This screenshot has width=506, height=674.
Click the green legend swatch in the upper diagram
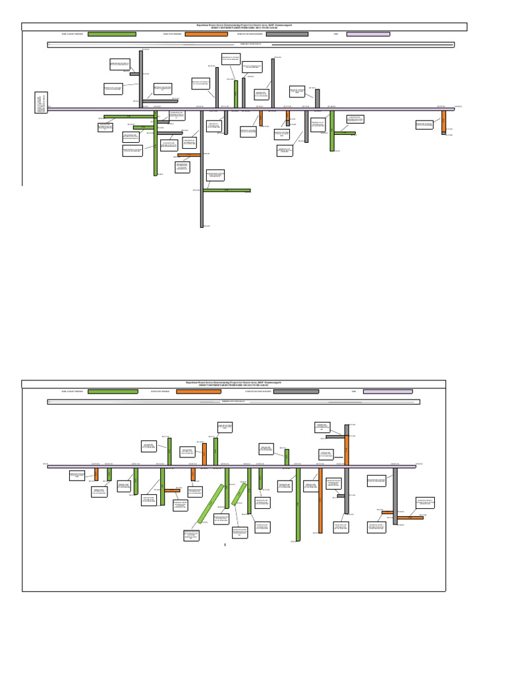[112, 34]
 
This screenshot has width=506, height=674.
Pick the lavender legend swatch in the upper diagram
[368, 34]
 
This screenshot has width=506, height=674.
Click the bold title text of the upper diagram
[244, 26]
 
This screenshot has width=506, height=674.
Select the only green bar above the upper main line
[236, 94]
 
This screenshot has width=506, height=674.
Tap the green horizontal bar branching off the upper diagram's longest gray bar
[227, 191]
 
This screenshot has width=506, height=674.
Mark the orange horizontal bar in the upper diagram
[189, 155]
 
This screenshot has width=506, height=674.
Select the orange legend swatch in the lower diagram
[198, 392]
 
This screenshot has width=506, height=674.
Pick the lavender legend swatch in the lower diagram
[388, 392]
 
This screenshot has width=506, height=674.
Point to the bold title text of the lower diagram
[234, 383]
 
